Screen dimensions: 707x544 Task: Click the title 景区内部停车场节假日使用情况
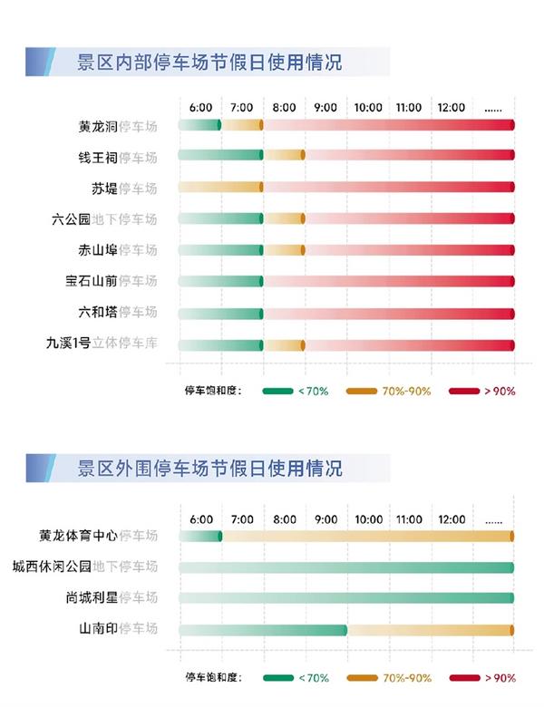[210, 63]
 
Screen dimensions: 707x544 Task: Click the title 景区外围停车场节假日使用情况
[210, 469]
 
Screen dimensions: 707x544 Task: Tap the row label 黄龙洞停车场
[118, 126]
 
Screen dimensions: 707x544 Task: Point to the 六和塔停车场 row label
[118, 312]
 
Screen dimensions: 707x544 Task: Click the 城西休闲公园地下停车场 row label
[84, 567]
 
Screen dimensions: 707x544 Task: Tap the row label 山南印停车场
[118, 629]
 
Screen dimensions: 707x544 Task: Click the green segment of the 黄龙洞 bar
[199, 125]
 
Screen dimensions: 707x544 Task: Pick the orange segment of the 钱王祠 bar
[284, 156]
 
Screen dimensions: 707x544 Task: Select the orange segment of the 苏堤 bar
[220, 187]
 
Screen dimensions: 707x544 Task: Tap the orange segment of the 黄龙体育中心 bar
[367, 537]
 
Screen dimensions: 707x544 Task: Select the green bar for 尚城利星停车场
[346, 598]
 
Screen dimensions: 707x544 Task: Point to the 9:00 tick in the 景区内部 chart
[325, 108]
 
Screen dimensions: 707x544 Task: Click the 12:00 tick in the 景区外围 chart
[451, 519]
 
